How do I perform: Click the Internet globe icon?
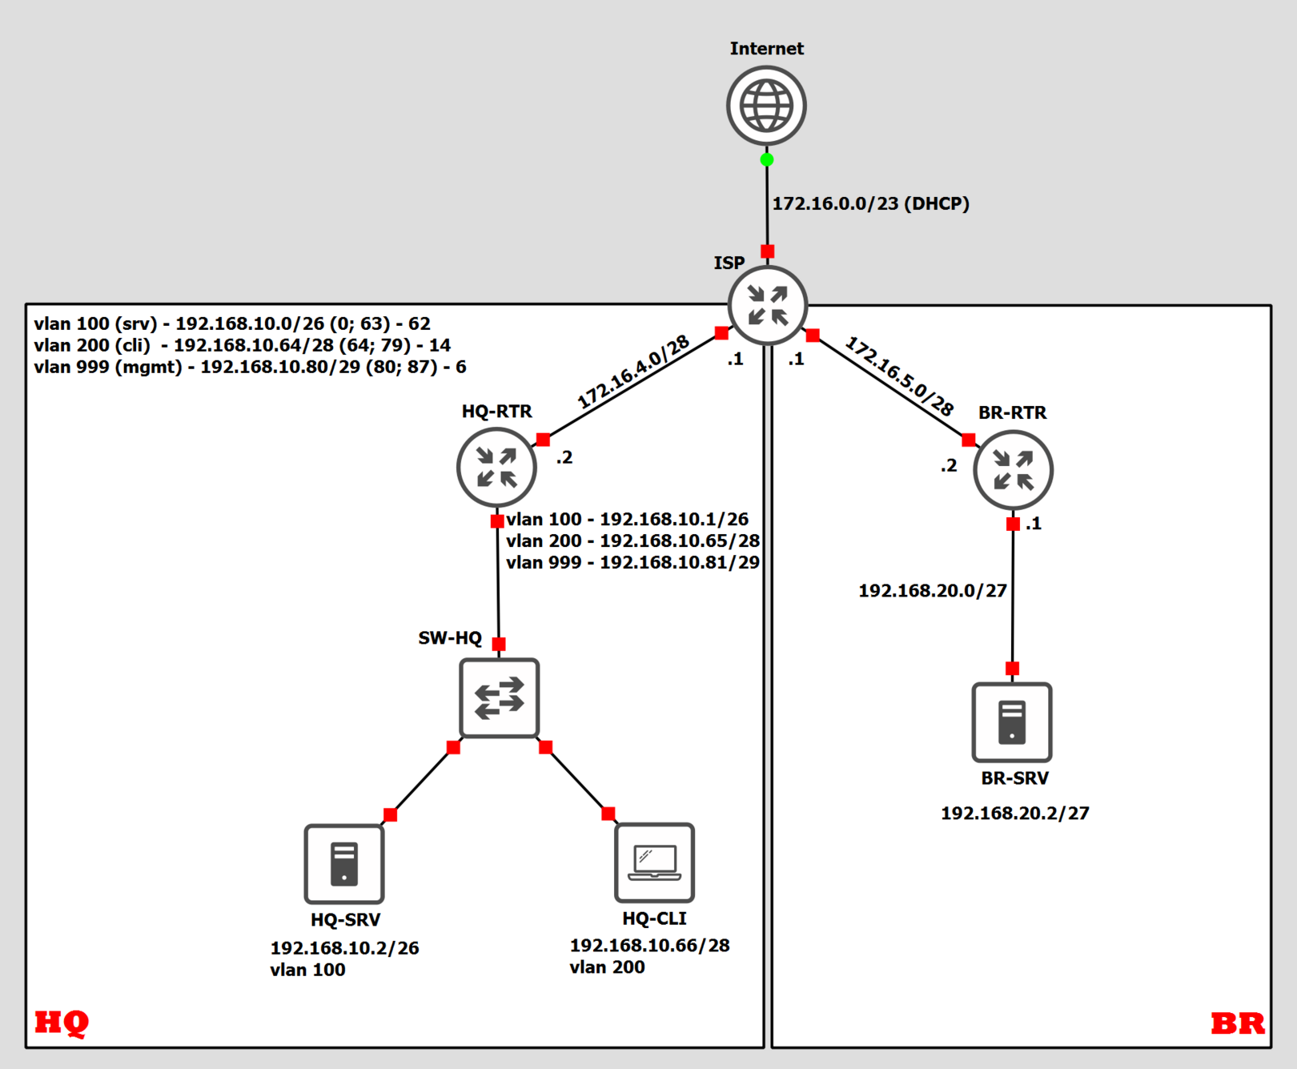point(766,106)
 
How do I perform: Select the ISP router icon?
point(768,305)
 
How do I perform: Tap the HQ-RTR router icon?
point(496,468)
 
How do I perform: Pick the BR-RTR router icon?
point(1013,470)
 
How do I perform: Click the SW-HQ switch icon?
point(499,698)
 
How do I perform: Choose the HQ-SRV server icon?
point(344,864)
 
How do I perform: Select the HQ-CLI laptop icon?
point(654,862)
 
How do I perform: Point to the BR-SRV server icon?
point(1012,722)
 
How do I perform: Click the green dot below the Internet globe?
point(767,160)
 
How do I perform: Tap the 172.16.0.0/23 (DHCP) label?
point(870,203)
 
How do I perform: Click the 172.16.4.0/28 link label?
point(633,372)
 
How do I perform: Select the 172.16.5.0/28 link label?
point(900,376)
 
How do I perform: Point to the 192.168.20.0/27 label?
point(933,591)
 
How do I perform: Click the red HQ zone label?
point(62,1023)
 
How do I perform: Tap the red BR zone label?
point(1237,1023)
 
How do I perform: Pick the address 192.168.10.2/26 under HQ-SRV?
point(344,948)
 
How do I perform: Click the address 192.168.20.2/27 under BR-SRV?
point(1014,814)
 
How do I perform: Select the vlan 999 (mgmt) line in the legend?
point(250,367)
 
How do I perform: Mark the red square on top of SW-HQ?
point(499,644)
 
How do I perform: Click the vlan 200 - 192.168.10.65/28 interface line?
point(632,541)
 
